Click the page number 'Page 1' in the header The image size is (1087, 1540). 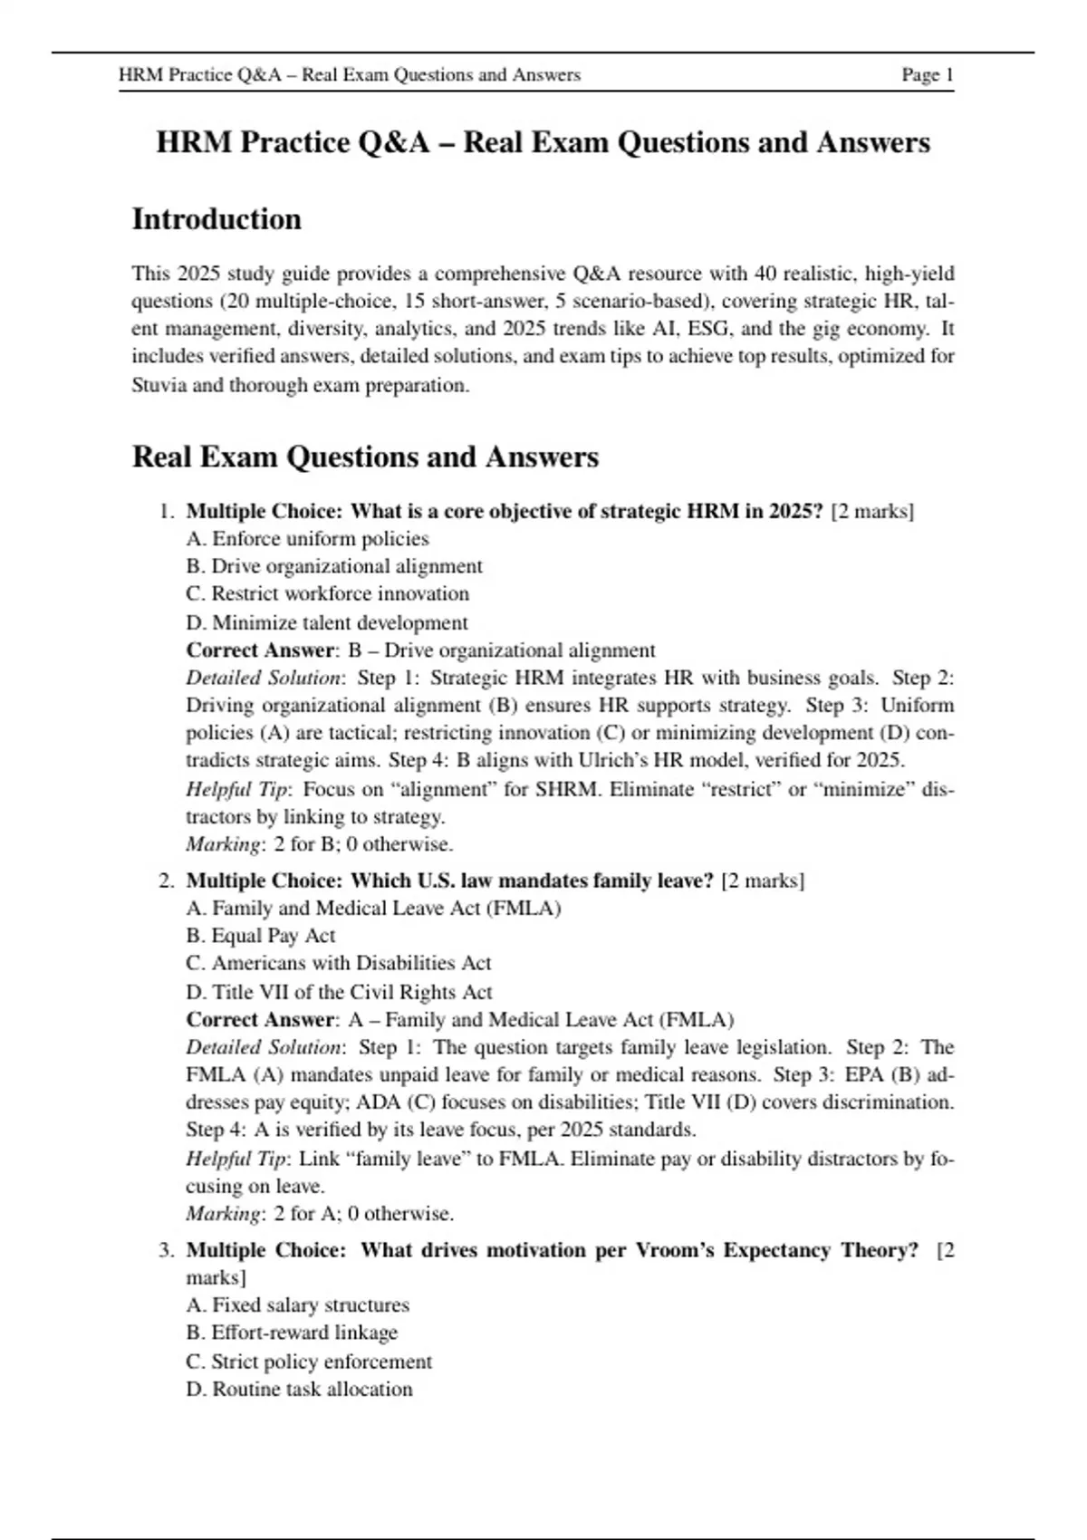[927, 75]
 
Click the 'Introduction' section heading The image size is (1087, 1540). [216, 219]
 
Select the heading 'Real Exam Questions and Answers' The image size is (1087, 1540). [365, 457]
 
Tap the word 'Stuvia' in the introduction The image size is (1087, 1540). [159, 385]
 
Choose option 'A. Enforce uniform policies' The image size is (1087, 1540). [307, 539]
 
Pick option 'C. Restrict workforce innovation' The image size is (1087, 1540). [327, 594]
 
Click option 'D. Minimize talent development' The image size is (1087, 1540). [327, 622]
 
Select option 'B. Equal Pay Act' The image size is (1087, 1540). [260, 936]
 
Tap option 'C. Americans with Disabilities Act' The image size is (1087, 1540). [338, 963]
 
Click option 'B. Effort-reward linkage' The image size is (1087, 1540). [292, 1333]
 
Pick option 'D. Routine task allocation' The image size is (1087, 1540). [299, 1389]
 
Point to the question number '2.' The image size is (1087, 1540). [167, 881]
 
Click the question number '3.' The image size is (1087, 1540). [167, 1250]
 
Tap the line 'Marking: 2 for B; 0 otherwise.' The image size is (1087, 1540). [319, 844]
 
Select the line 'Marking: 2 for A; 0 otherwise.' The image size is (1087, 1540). [320, 1213]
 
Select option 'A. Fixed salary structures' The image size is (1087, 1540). [297, 1305]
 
